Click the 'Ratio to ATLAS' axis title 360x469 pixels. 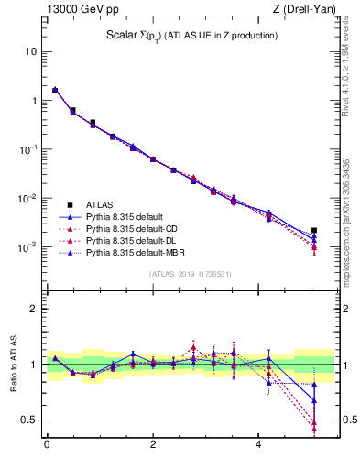[x=14, y=365]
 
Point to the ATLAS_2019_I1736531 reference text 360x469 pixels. [x=191, y=274]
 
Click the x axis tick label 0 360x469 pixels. [x=47, y=445]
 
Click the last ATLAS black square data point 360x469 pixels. [x=314, y=231]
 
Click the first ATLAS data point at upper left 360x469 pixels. [x=55, y=91]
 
